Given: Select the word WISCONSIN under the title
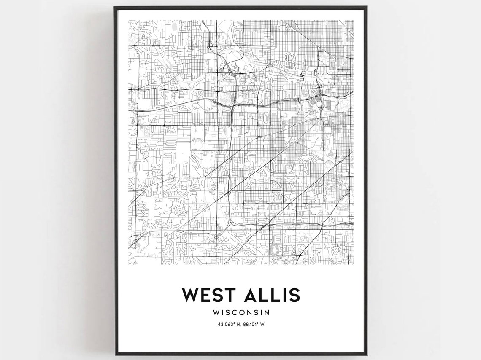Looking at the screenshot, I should [241, 313].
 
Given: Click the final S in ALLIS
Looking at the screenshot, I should [294, 295].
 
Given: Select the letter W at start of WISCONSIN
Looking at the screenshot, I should [216, 313].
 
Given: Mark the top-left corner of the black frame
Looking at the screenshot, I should [114, 7].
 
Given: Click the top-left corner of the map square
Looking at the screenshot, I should [129, 20].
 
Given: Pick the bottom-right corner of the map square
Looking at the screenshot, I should [354, 264].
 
